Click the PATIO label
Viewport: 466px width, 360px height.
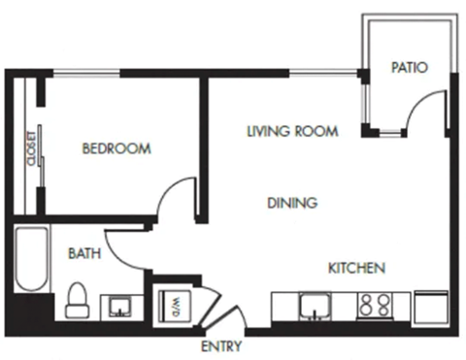pos(410,67)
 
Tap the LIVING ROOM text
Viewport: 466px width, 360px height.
pos(291,131)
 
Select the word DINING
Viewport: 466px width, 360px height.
pos(292,203)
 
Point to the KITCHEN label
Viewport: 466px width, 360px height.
pos(357,268)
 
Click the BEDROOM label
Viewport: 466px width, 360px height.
pos(116,148)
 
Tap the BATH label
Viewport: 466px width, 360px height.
pos(83,254)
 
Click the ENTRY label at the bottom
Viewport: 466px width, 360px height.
pos(220,346)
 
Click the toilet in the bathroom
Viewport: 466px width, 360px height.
pos(78,302)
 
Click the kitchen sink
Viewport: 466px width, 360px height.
pos(313,306)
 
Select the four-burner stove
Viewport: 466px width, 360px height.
pos(376,306)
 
